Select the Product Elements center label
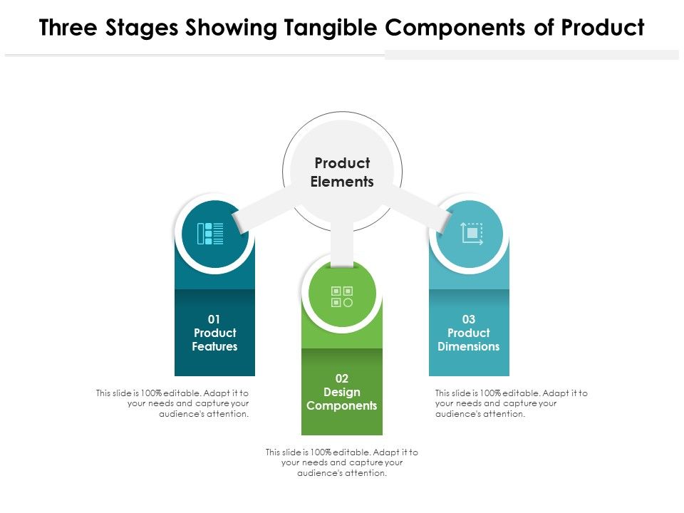(342, 172)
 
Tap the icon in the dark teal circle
(214, 233)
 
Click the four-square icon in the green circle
(342, 296)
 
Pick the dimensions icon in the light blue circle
(470, 233)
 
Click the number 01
(214, 319)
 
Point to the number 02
(342, 378)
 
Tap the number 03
(469, 319)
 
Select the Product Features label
(214, 340)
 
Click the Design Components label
(342, 399)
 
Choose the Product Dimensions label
(469, 340)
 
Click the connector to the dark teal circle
(264, 209)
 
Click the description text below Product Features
(173, 403)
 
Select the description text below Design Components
(342, 462)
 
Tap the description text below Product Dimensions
(511, 403)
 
